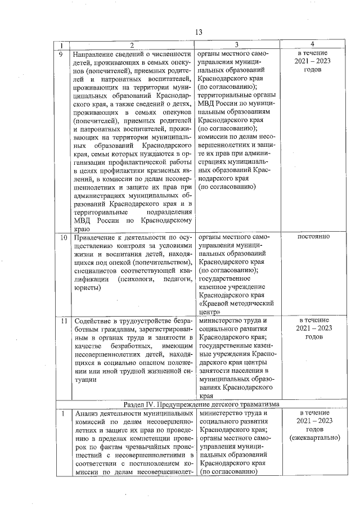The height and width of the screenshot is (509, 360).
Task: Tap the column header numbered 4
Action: [313, 44]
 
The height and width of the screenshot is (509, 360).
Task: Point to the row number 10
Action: [64, 237]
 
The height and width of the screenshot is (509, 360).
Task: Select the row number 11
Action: [64, 321]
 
